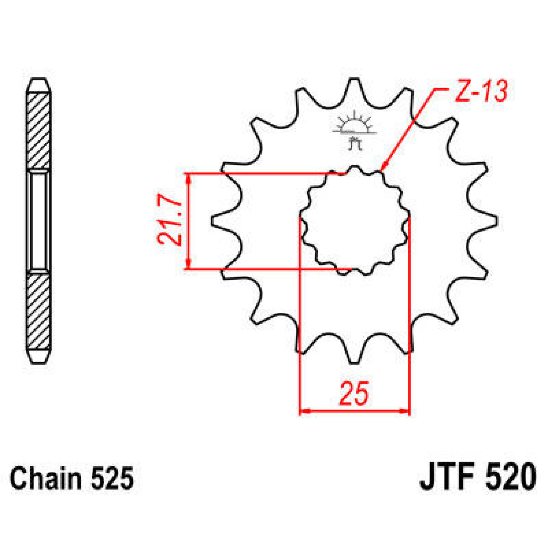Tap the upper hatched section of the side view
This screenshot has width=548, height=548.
[x=38, y=130]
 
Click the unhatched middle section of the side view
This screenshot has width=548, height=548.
[x=38, y=221]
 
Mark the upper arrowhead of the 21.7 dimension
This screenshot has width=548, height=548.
[x=188, y=177]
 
